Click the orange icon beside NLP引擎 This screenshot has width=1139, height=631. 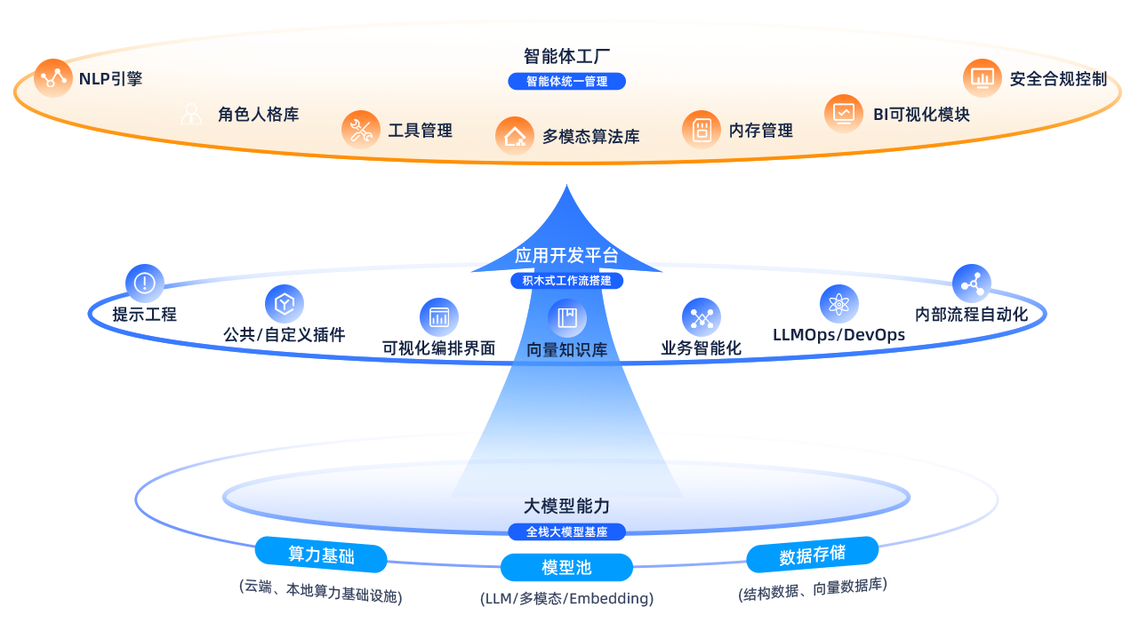53,78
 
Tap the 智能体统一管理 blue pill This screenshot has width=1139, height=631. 567,81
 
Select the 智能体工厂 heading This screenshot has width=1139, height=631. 567,56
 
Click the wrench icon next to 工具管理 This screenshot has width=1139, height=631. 360,130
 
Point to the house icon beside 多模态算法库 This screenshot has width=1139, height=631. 515,136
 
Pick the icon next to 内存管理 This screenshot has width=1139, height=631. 702,130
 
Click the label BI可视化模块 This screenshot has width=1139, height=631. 920,114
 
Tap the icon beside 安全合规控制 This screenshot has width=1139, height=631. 982,78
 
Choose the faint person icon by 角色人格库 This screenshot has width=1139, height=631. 191,114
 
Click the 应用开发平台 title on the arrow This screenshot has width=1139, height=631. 566,256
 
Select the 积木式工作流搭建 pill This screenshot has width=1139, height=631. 567,281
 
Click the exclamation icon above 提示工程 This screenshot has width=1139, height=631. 144,284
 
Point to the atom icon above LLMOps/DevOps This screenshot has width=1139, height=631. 838,304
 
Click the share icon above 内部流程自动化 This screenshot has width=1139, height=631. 971,284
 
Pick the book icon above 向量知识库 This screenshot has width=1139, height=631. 566,317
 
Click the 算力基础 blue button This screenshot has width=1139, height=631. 321,555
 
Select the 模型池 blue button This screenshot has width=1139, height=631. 566,567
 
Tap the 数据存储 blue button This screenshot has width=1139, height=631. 812,555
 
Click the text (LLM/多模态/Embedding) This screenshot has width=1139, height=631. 566,598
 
